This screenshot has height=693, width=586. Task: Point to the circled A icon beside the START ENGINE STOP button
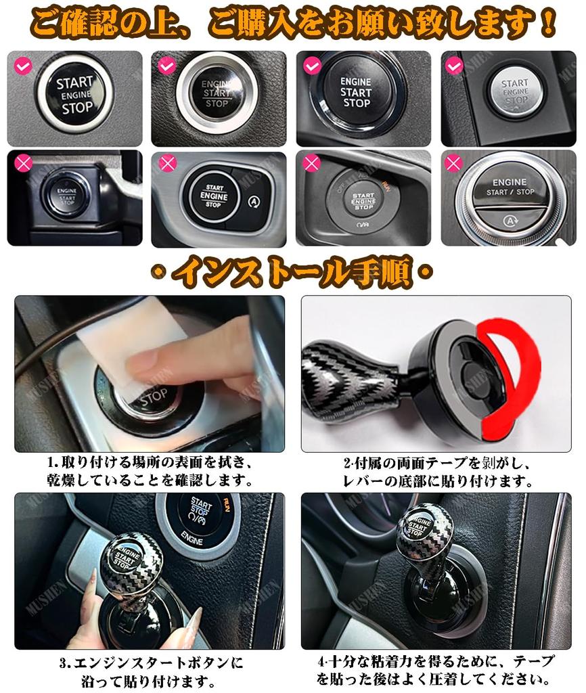point(253,200)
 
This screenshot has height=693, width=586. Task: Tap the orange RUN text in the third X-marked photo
point(385,183)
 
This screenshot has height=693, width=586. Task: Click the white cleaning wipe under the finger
point(115,345)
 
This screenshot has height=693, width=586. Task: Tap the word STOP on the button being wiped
point(154,399)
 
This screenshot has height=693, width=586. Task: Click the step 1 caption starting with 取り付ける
point(149,463)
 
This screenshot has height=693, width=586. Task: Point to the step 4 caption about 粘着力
point(436,661)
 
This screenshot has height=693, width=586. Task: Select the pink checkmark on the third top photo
point(312,66)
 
